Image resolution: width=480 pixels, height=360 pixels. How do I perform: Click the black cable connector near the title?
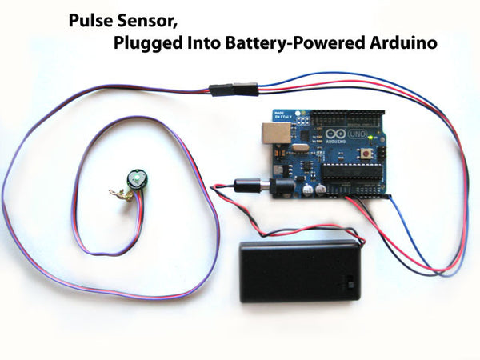click(x=234, y=87)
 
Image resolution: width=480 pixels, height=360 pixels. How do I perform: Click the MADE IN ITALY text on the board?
click(x=279, y=115)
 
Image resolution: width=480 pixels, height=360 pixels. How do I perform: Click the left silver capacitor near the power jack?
click(x=308, y=191)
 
